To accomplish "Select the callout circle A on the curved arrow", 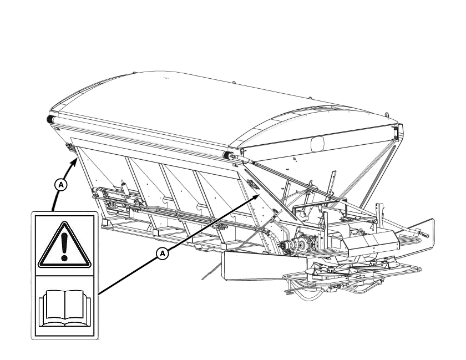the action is click(x=61, y=185).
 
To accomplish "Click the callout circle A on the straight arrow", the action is click(x=162, y=253).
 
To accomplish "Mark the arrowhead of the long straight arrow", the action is click(x=256, y=197).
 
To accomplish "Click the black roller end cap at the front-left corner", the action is click(x=49, y=119).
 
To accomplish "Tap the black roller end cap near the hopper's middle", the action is click(x=226, y=155).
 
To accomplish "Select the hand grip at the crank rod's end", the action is click(x=423, y=234).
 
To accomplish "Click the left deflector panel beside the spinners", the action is click(x=265, y=266).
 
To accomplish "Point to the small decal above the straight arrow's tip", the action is click(x=252, y=184).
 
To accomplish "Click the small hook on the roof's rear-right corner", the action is click(x=387, y=115).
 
